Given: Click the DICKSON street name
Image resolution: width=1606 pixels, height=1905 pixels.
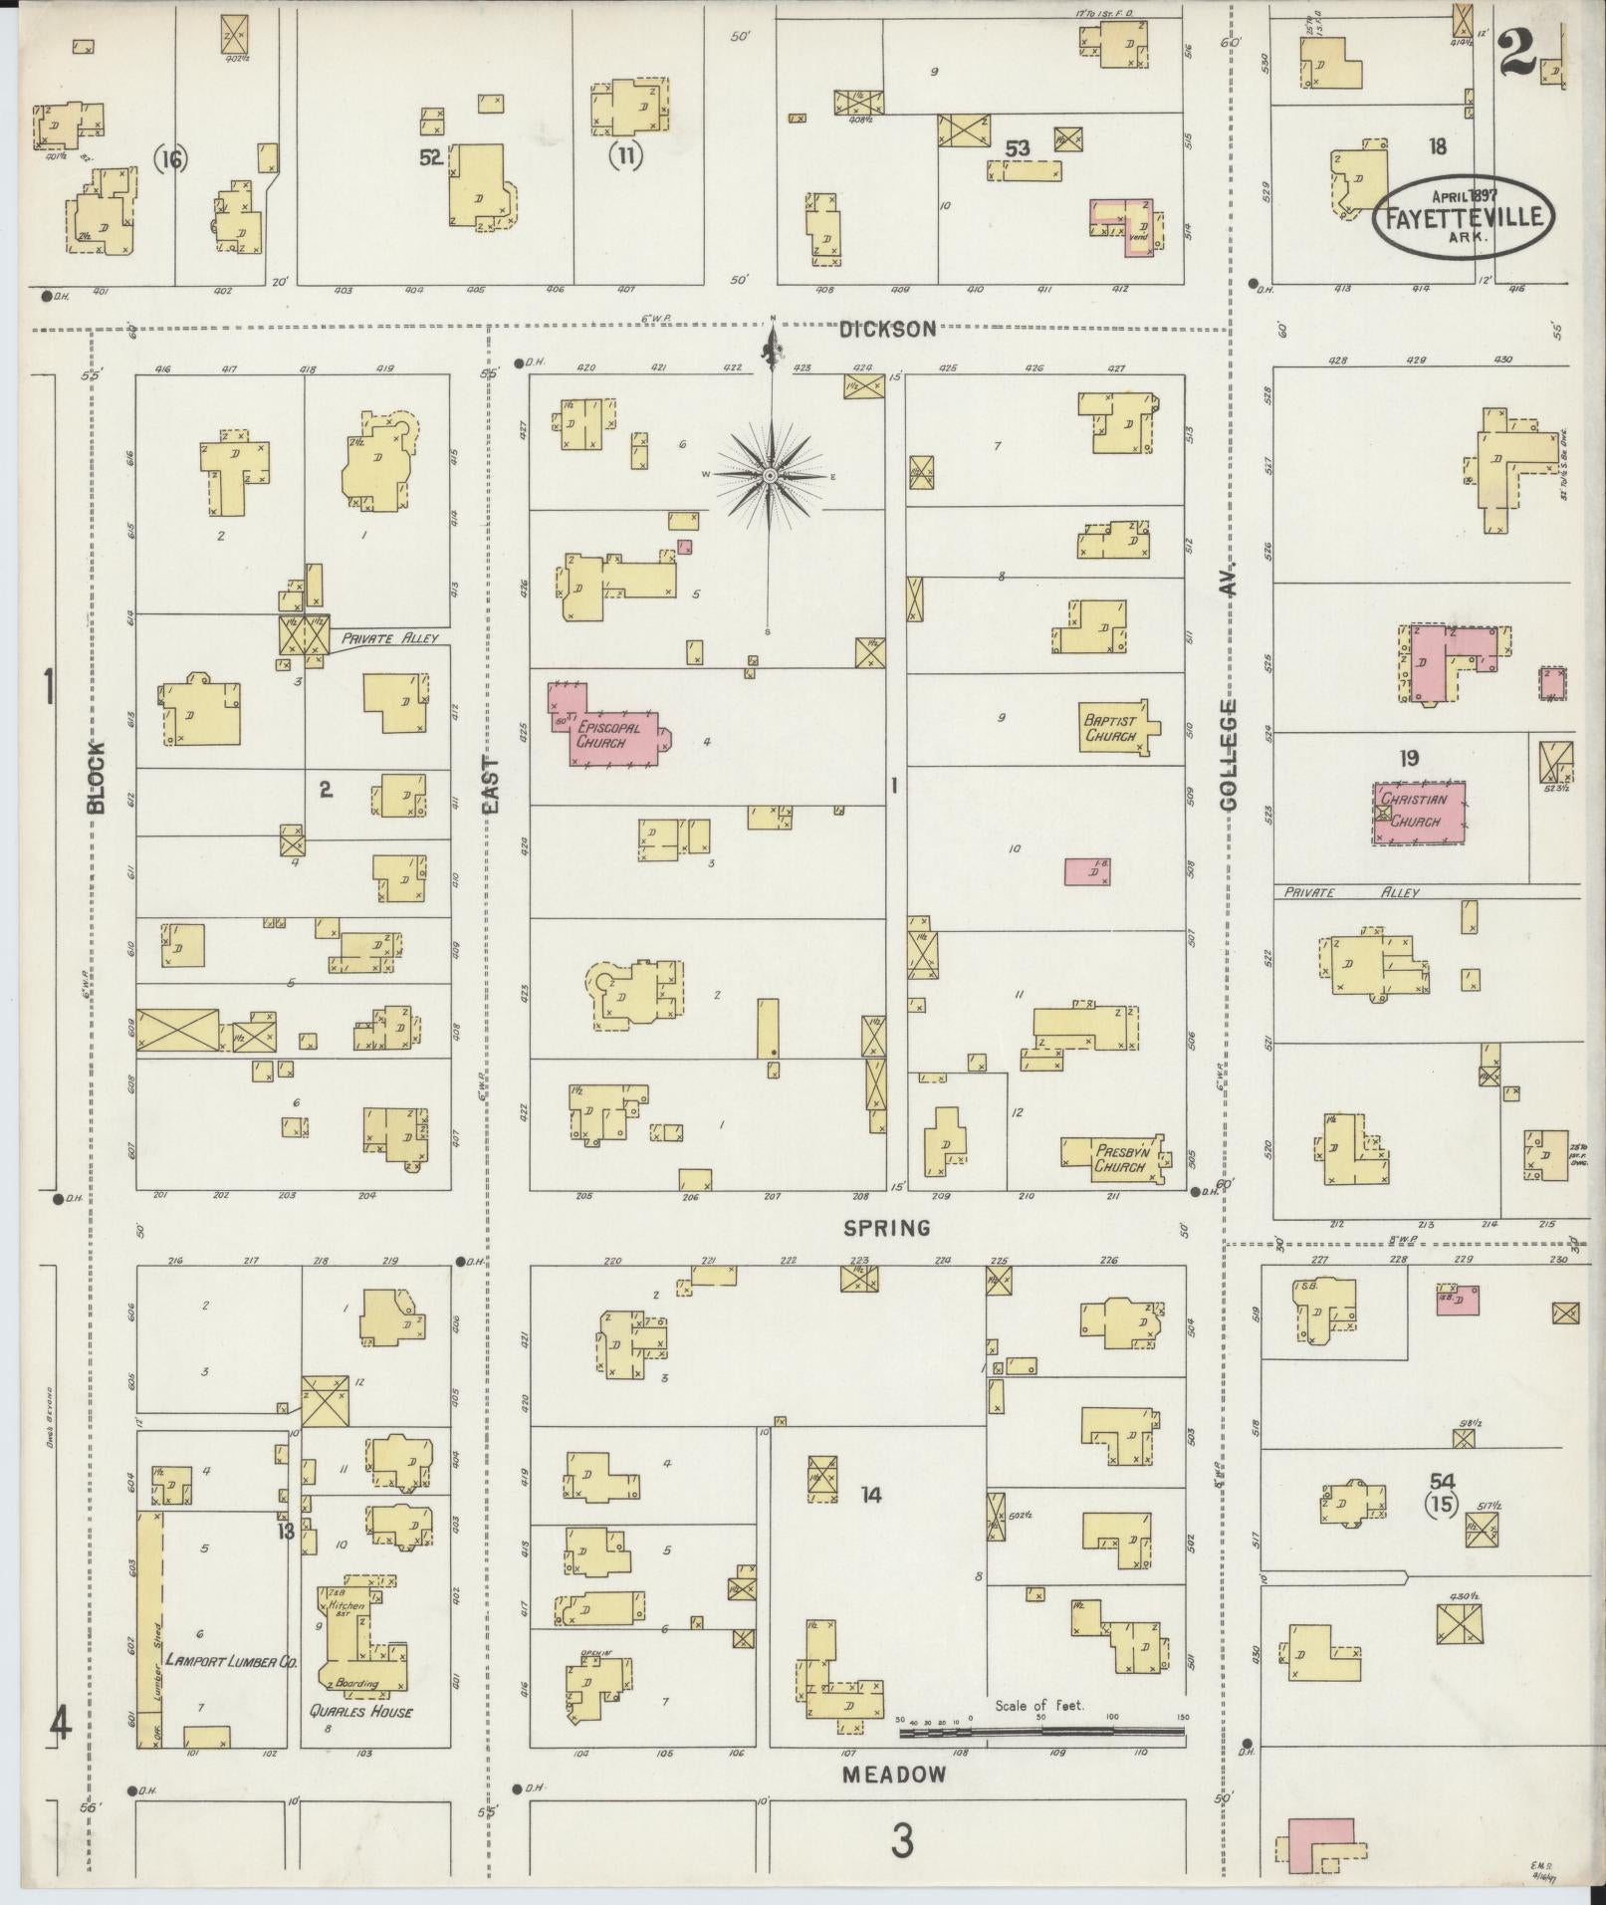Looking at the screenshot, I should [x=888, y=328].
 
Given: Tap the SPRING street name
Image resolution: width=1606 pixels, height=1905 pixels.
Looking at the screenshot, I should [x=886, y=1227].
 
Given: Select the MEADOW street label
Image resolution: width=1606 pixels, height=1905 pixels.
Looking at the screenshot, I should [x=894, y=1774].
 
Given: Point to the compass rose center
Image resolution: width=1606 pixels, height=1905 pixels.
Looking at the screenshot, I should [x=770, y=477].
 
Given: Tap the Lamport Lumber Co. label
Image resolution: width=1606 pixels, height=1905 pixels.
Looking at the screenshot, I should [x=232, y=1660].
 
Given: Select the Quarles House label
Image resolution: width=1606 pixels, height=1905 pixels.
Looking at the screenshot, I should [x=360, y=1712].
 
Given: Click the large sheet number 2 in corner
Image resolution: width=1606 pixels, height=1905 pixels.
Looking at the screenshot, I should [x=1515, y=50].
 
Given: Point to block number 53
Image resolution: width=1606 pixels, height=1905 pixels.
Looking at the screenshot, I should [x=1017, y=148].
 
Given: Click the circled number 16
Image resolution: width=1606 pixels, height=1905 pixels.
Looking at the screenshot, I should [x=171, y=158].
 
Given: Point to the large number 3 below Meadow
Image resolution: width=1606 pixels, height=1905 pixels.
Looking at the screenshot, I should [x=901, y=1841].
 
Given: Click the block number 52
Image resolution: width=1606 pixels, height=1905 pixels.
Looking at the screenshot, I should [x=429, y=156].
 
